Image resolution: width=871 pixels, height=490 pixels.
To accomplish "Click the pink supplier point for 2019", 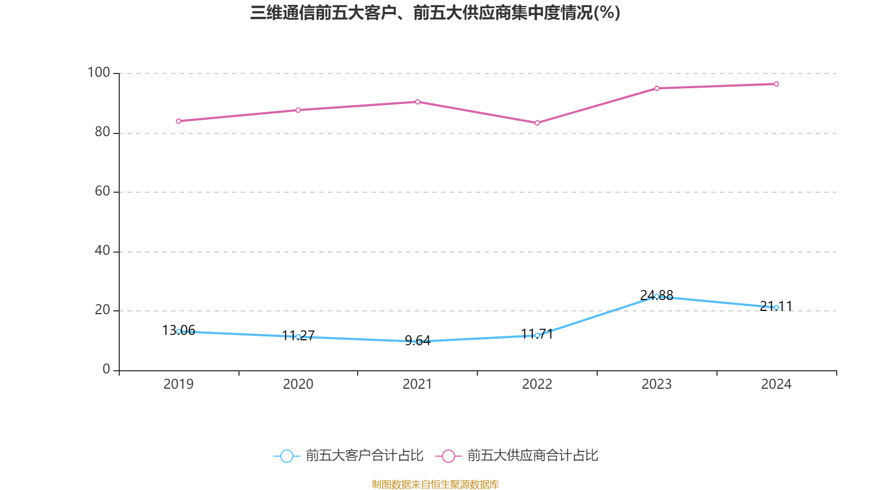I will pos(179,121).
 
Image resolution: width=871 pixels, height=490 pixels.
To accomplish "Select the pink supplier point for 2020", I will pos(298,110).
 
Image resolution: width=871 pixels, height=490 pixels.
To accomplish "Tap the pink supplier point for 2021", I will pos(418,102).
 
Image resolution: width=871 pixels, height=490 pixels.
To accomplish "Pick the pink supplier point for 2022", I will pos(537,123).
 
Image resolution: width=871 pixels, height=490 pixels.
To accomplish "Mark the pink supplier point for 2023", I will pos(657,88).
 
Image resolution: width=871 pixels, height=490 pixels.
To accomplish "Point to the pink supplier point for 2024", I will pos(776,84).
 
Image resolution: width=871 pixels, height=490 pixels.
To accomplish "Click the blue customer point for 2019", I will pos(179,332).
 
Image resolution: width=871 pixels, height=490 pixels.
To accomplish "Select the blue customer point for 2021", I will pos(418,341).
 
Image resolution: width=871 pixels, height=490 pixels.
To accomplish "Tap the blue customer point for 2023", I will pos(657,297).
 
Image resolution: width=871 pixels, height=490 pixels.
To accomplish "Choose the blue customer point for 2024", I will pos(776,308).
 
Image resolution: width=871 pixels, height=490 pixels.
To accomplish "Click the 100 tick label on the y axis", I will pos(99,72).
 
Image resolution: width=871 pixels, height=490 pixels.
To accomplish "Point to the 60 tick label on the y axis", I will pos(102,191).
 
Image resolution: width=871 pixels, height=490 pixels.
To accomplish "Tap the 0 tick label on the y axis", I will pos(106,369).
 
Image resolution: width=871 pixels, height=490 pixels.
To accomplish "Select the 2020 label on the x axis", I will pos(298,384).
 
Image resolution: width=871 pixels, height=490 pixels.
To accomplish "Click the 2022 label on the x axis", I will pos(537,384).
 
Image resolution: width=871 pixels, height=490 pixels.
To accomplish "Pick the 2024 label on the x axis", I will pos(776,384).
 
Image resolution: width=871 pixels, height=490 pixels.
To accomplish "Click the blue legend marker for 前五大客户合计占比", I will pos(287,456).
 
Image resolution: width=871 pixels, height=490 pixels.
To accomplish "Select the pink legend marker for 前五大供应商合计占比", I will pos(449,456).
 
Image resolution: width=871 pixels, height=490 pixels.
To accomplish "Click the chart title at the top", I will pos(435,13).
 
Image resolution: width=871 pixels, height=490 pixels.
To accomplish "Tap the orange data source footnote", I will pos(435,484).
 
